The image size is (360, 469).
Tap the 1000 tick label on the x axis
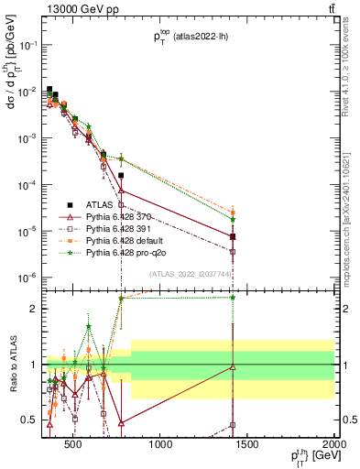click(161, 446)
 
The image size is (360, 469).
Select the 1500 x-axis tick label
click(248, 446)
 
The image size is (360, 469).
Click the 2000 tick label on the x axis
click(334, 446)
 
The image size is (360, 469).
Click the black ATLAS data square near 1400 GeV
click(234, 236)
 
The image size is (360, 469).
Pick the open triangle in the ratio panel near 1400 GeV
click(234, 367)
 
